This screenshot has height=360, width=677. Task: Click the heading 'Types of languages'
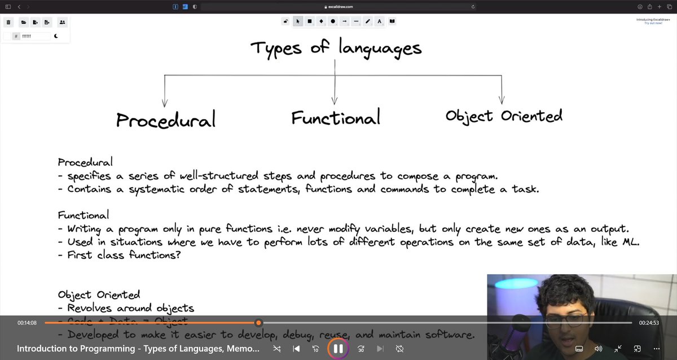(336, 48)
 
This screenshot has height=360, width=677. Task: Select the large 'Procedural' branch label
(166, 120)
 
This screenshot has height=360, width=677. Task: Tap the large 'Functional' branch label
(336, 117)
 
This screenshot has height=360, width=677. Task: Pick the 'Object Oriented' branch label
(504, 116)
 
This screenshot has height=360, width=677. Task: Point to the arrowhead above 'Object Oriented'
(502, 100)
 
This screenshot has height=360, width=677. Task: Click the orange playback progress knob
(258, 323)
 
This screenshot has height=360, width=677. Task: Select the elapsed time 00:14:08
(27, 323)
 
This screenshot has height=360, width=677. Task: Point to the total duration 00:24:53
(649, 323)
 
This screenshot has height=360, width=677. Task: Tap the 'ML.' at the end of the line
(631, 242)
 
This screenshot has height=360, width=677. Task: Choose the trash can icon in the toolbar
(9, 22)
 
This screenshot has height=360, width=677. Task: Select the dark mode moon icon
(56, 36)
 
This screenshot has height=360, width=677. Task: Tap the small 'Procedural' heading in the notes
(85, 163)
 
